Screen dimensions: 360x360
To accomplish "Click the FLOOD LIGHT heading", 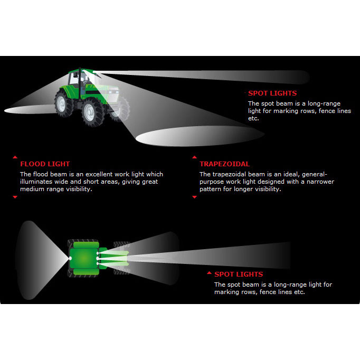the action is tap(45, 164).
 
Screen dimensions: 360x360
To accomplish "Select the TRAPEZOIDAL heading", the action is tap(224, 164).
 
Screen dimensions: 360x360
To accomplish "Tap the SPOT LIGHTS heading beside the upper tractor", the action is tap(272, 93).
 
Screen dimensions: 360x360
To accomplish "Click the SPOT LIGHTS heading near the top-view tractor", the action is tap(239, 274).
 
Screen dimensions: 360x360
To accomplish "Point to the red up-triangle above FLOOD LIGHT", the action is tap(15, 157).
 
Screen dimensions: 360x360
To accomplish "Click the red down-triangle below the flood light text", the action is tap(15, 197).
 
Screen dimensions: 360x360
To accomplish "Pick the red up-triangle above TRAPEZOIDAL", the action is tap(194, 157).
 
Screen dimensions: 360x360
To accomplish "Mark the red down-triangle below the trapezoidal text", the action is tap(194, 197).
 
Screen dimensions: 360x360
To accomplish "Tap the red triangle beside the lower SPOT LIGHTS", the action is tap(209, 273).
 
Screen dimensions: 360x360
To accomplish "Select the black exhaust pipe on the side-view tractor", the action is tap(80, 83).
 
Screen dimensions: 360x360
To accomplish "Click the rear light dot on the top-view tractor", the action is tap(70, 259).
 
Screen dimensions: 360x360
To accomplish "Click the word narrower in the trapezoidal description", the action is tap(320, 182).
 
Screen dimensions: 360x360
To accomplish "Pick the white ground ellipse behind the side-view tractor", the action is tap(30, 109).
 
